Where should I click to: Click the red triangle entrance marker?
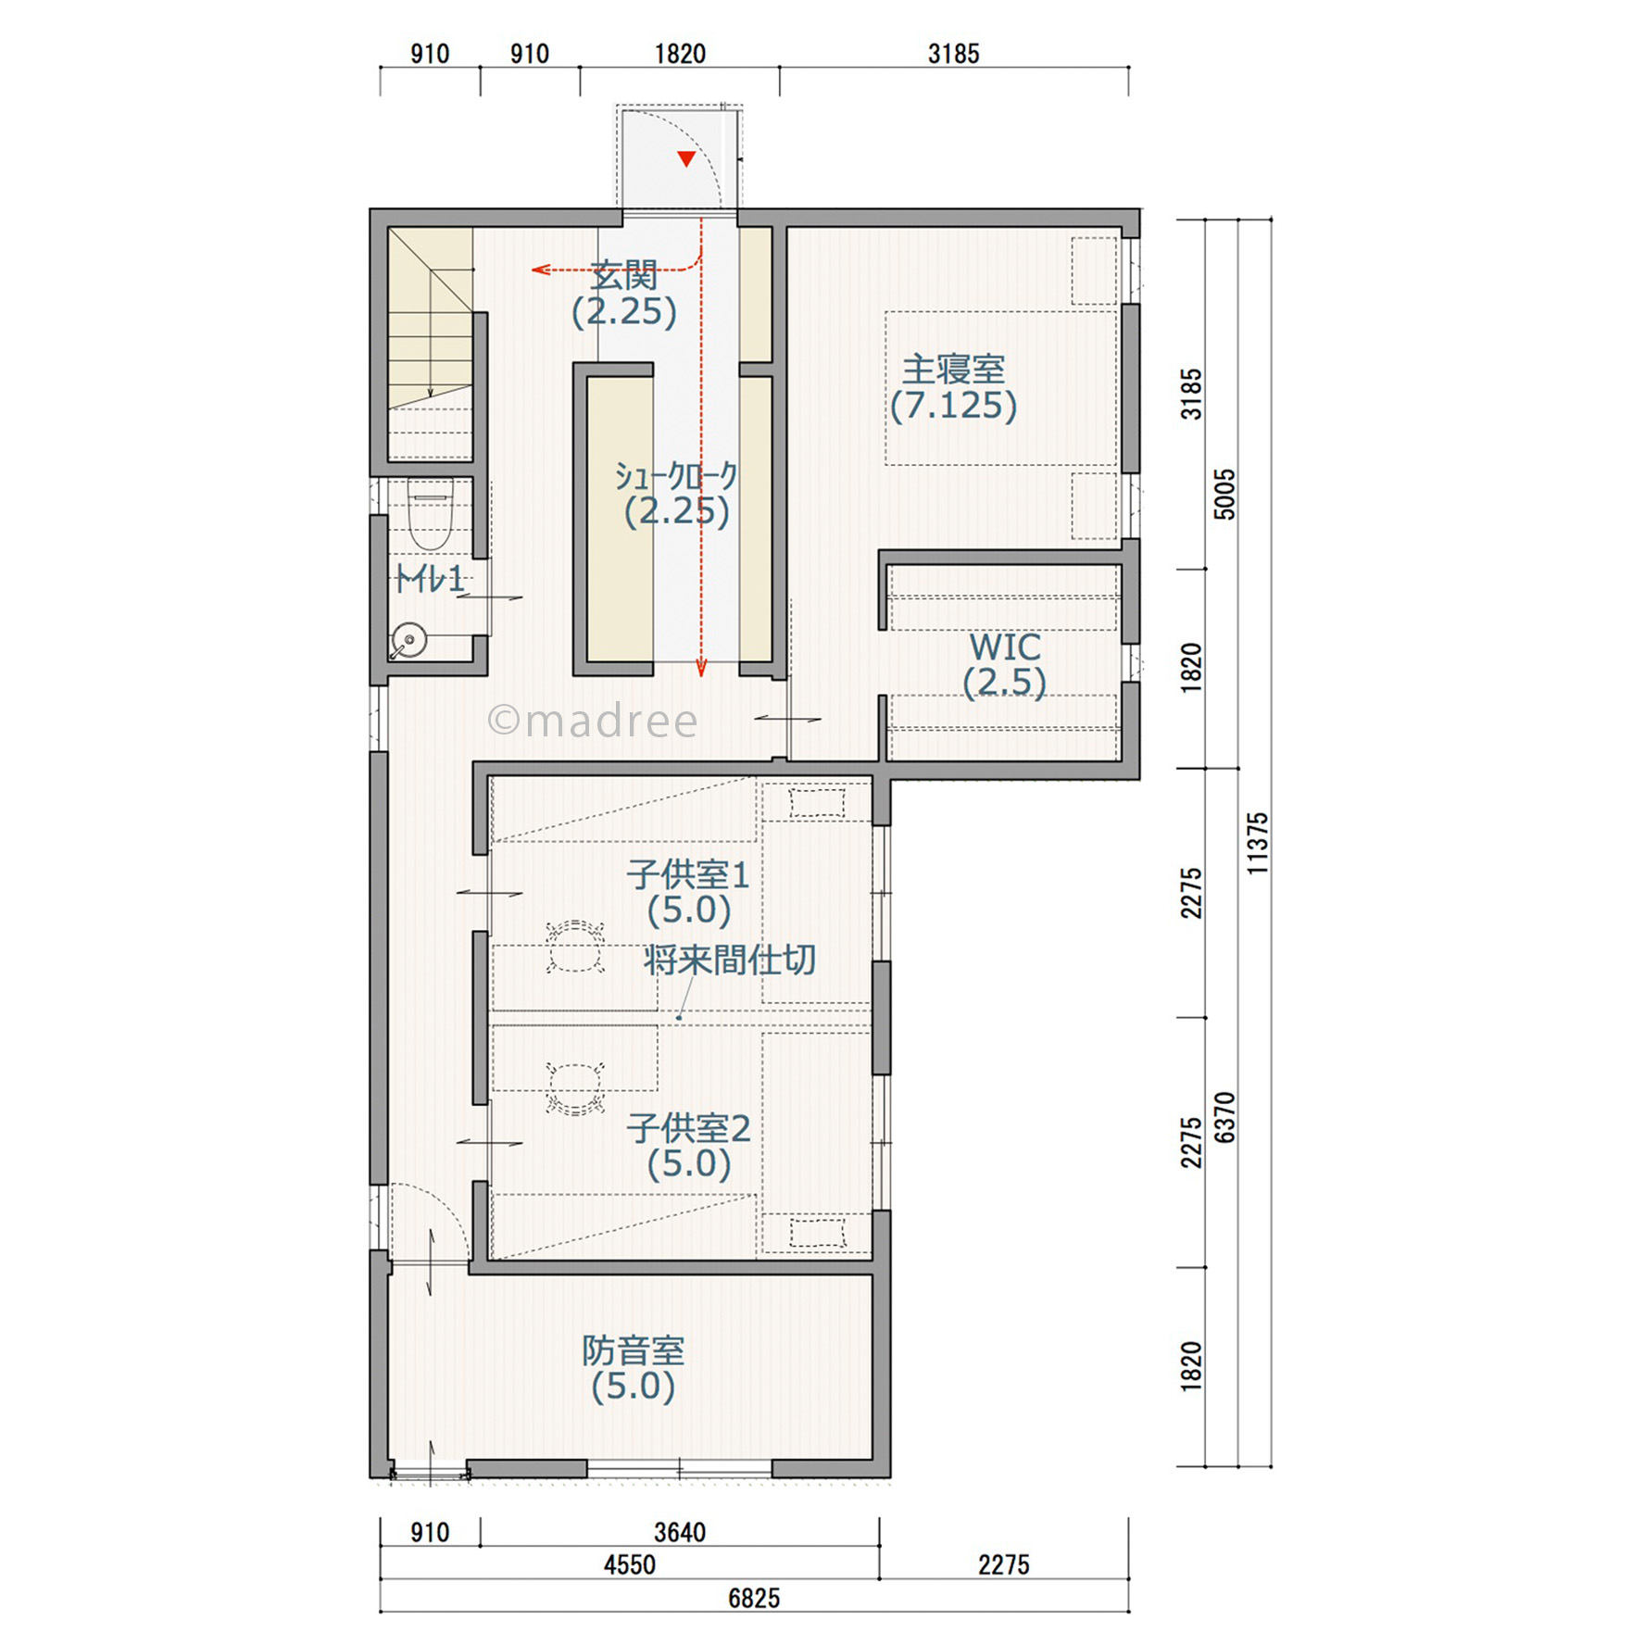coord(686,159)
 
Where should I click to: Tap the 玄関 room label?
coord(624,275)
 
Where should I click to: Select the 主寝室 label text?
coord(953,370)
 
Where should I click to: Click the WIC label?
coord(1005,647)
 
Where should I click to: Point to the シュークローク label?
coord(676,476)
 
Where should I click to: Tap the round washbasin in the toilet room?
coord(408,639)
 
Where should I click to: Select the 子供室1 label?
coord(688,874)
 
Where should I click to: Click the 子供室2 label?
coord(688,1128)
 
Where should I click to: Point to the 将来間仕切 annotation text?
coord(730,960)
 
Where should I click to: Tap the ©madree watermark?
coord(593,721)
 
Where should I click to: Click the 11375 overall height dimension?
coord(1257,844)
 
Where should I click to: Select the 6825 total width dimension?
coord(754,1599)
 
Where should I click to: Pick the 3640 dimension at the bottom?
coord(680,1533)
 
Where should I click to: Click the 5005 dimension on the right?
coord(1224,495)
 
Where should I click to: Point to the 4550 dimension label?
coord(630,1565)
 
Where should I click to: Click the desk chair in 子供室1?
coord(575,946)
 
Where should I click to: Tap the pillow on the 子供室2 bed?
coord(817,1233)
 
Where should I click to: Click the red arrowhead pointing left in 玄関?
coord(541,270)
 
